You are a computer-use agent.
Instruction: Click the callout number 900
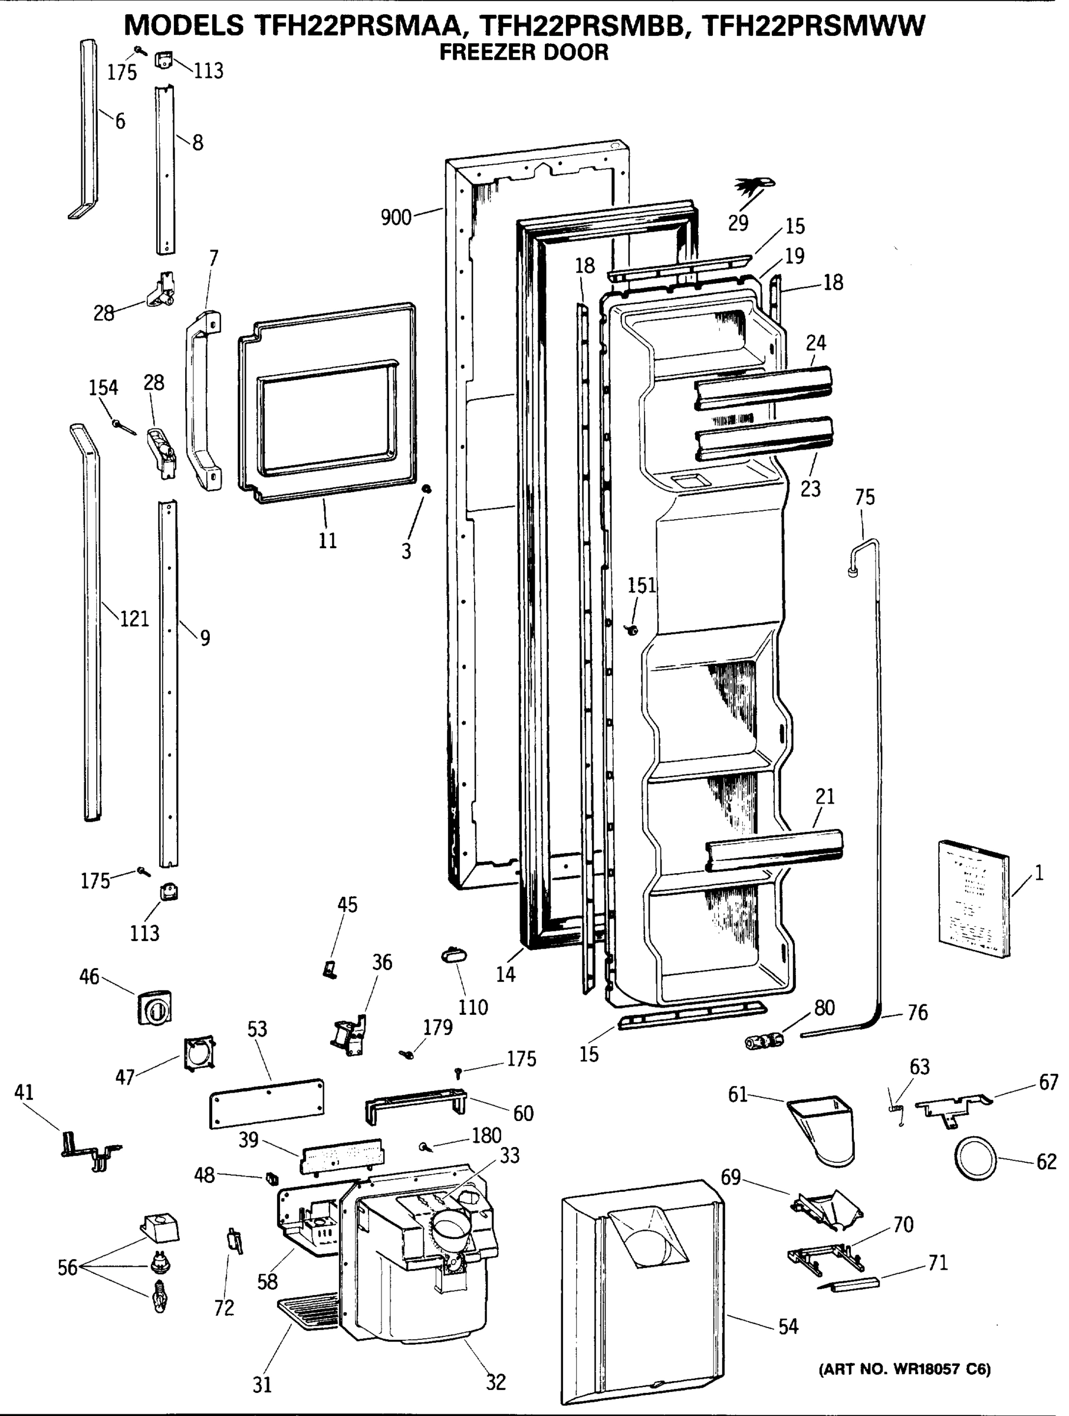[x=396, y=218]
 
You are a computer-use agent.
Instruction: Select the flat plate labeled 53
[x=267, y=1103]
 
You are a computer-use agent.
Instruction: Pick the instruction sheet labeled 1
[x=973, y=898]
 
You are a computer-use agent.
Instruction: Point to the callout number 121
[x=134, y=618]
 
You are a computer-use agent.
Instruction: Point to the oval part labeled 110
[x=453, y=956]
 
